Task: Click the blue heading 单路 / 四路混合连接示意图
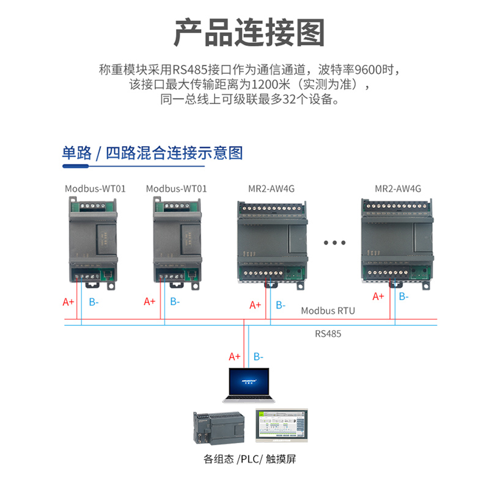pos(152,152)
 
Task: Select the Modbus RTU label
pos(328,311)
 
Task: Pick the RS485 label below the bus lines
pos(328,334)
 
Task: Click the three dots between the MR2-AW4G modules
pos(335,243)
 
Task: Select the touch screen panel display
pos(282,425)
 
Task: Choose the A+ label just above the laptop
pos(234,356)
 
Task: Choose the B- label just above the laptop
pos(259,356)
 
